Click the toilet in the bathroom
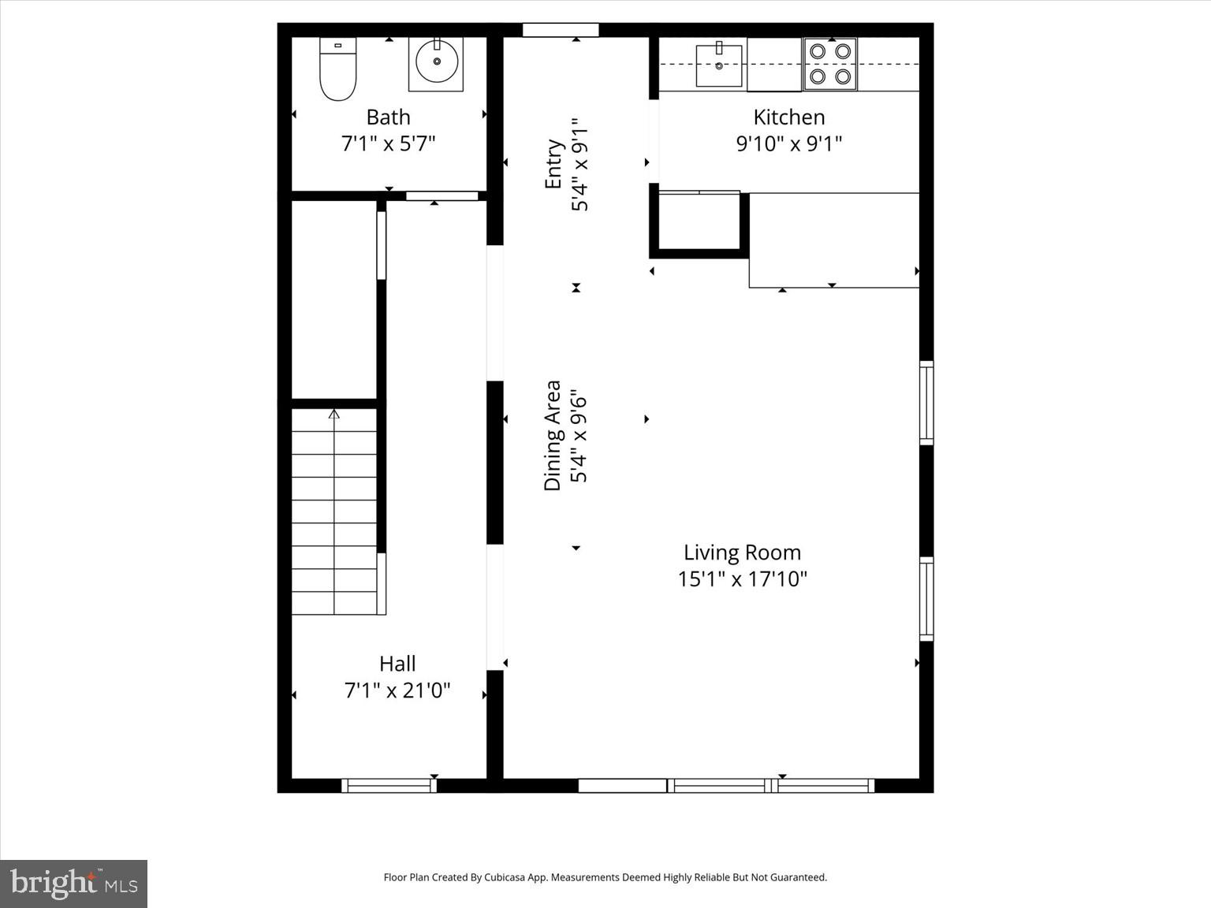coord(337,69)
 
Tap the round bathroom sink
coord(436,63)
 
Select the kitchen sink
coord(718,65)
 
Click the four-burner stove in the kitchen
coord(830,64)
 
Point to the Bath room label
coord(388,117)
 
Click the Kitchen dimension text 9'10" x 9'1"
coord(789,143)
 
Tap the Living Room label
coord(742,553)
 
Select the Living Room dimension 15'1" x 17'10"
coord(742,579)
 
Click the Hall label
coord(397,664)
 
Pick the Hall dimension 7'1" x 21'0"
coord(397,690)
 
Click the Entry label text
coord(553,164)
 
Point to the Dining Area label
coord(553,435)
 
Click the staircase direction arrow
coord(334,415)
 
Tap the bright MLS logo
coord(73,884)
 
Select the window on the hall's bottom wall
coord(389,785)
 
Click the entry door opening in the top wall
coord(561,30)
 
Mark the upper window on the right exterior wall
coord(927,402)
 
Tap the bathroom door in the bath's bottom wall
coord(442,195)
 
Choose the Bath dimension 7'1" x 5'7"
coord(388,143)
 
